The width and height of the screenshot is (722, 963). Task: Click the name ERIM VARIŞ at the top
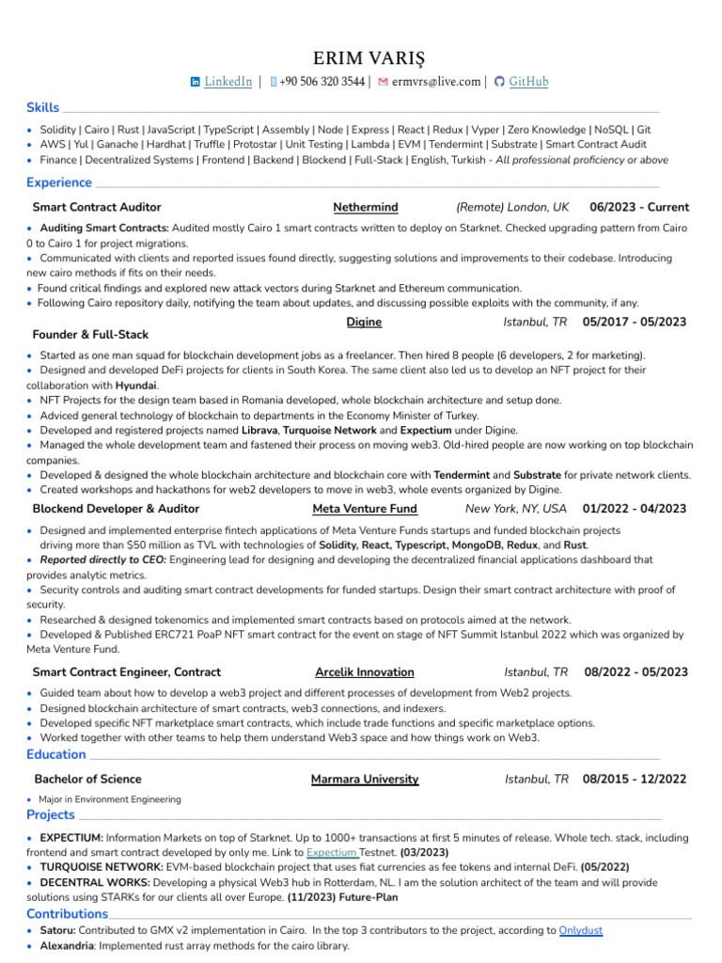click(x=361, y=58)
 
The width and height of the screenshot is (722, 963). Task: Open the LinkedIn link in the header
click(x=228, y=82)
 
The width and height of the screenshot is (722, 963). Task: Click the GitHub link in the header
click(x=528, y=82)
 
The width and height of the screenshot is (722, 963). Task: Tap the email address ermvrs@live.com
click(x=436, y=82)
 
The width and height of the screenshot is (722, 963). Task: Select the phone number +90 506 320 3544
click(x=322, y=82)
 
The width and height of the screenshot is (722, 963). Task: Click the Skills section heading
click(x=43, y=107)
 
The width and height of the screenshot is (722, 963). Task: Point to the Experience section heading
click(x=59, y=182)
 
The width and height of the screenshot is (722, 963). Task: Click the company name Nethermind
click(x=366, y=207)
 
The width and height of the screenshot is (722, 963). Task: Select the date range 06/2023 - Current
click(x=639, y=207)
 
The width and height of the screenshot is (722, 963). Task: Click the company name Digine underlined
click(x=364, y=322)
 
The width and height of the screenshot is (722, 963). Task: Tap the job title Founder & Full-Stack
click(x=90, y=335)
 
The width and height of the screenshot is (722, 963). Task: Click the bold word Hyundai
click(x=135, y=386)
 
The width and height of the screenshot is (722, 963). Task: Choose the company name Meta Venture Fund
click(x=365, y=509)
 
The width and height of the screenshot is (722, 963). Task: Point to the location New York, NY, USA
click(x=516, y=509)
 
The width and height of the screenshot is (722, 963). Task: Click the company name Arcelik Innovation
click(x=365, y=672)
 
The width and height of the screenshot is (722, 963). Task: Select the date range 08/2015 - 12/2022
click(x=635, y=779)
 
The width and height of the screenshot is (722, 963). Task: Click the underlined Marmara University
click(x=365, y=779)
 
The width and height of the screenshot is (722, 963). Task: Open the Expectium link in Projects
click(x=332, y=852)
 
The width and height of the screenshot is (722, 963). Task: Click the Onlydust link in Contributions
click(x=581, y=930)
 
